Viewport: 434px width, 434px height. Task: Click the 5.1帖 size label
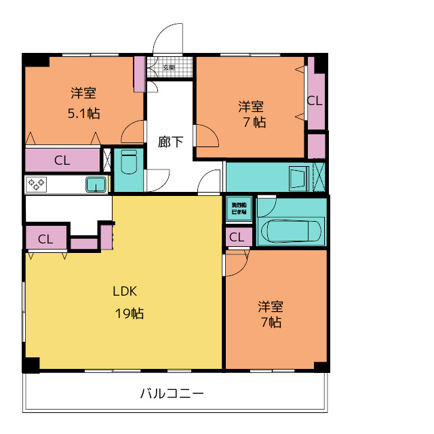(84, 113)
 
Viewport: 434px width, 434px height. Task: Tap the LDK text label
(125, 292)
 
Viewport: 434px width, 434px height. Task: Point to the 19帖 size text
(128, 313)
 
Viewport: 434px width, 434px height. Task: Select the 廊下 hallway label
(170, 142)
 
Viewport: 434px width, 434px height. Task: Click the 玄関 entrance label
(170, 68)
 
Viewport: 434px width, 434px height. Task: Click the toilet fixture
(129, 163)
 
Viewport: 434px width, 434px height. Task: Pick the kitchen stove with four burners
(35, 184)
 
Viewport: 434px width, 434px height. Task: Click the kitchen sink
(96, 184)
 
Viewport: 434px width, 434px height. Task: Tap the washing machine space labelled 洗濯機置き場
(239, 209)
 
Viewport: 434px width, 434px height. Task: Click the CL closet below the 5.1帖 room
(62, 161)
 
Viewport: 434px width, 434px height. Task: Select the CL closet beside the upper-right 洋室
(314, 100)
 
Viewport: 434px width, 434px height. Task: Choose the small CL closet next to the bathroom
(237, 237)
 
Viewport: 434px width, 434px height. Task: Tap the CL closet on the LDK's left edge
(45, 239)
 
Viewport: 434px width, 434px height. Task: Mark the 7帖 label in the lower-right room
(271, 323)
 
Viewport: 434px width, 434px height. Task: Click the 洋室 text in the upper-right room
(250, 106)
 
